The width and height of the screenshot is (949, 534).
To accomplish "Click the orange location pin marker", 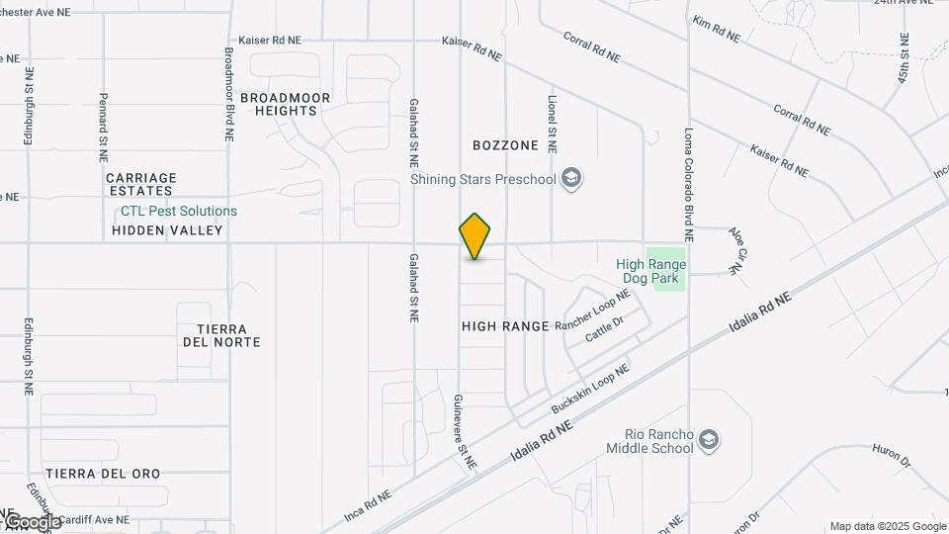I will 475,236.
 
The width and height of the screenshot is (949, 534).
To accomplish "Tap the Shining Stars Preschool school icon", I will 570,179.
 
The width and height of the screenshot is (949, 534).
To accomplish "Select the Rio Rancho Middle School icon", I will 708,439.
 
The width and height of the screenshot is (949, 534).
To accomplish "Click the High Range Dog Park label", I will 650,271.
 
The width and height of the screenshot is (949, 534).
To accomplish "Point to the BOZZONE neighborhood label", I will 505,145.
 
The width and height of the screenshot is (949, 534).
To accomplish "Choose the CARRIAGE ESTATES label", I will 139,184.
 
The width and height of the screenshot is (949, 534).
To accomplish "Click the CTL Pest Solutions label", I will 179,211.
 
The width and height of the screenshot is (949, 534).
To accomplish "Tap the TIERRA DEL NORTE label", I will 221,335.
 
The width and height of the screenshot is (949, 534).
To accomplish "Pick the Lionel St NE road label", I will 552,124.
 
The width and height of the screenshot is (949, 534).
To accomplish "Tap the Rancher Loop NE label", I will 592,311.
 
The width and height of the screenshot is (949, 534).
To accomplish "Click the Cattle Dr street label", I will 604,329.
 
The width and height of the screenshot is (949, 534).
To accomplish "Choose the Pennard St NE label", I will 103,128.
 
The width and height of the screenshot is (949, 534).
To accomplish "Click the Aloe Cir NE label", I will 736,250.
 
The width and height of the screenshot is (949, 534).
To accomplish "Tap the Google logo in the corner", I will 32,521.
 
